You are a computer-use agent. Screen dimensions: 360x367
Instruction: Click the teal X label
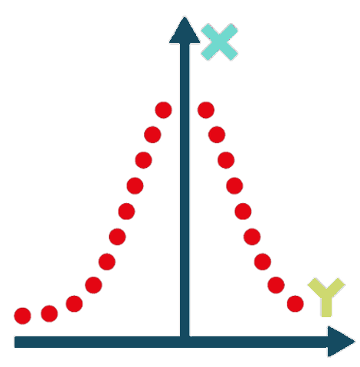[x=219, y=42]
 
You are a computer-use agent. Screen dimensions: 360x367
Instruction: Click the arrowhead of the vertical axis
[x=185, y=30]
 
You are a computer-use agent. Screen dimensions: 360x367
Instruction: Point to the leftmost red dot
[x=22, y=316]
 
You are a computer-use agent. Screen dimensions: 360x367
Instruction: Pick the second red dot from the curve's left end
[x=49, y=313]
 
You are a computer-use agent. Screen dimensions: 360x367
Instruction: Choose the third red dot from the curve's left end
[x=74, y=303]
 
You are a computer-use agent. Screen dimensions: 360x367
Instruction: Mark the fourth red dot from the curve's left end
[x=93, y=285]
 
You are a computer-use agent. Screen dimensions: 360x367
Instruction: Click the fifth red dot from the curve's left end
[x=106, y=261]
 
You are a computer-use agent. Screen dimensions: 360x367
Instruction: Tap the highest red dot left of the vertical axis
[x=163, y=110]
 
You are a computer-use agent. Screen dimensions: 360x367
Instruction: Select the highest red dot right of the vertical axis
[x=206, y=110]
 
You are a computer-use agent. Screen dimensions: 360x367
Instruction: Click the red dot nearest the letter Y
[x=295, y=303]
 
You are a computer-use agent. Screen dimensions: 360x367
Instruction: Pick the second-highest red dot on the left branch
[x=152, y=135]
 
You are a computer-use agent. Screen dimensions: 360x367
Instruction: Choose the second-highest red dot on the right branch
[x=217, y=135]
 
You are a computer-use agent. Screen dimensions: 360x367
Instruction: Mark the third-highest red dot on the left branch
[x=143, y=160]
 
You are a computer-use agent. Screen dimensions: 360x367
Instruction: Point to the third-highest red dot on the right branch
[x=226, y=160]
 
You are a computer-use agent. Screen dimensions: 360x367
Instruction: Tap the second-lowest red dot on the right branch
[x=276, y=285]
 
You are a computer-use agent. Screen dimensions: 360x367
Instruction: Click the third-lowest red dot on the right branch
[x=263, y=261]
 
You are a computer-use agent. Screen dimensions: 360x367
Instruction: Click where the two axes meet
[x=185, y=342]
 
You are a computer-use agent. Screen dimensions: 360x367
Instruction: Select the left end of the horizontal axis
[x=15, y=342]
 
